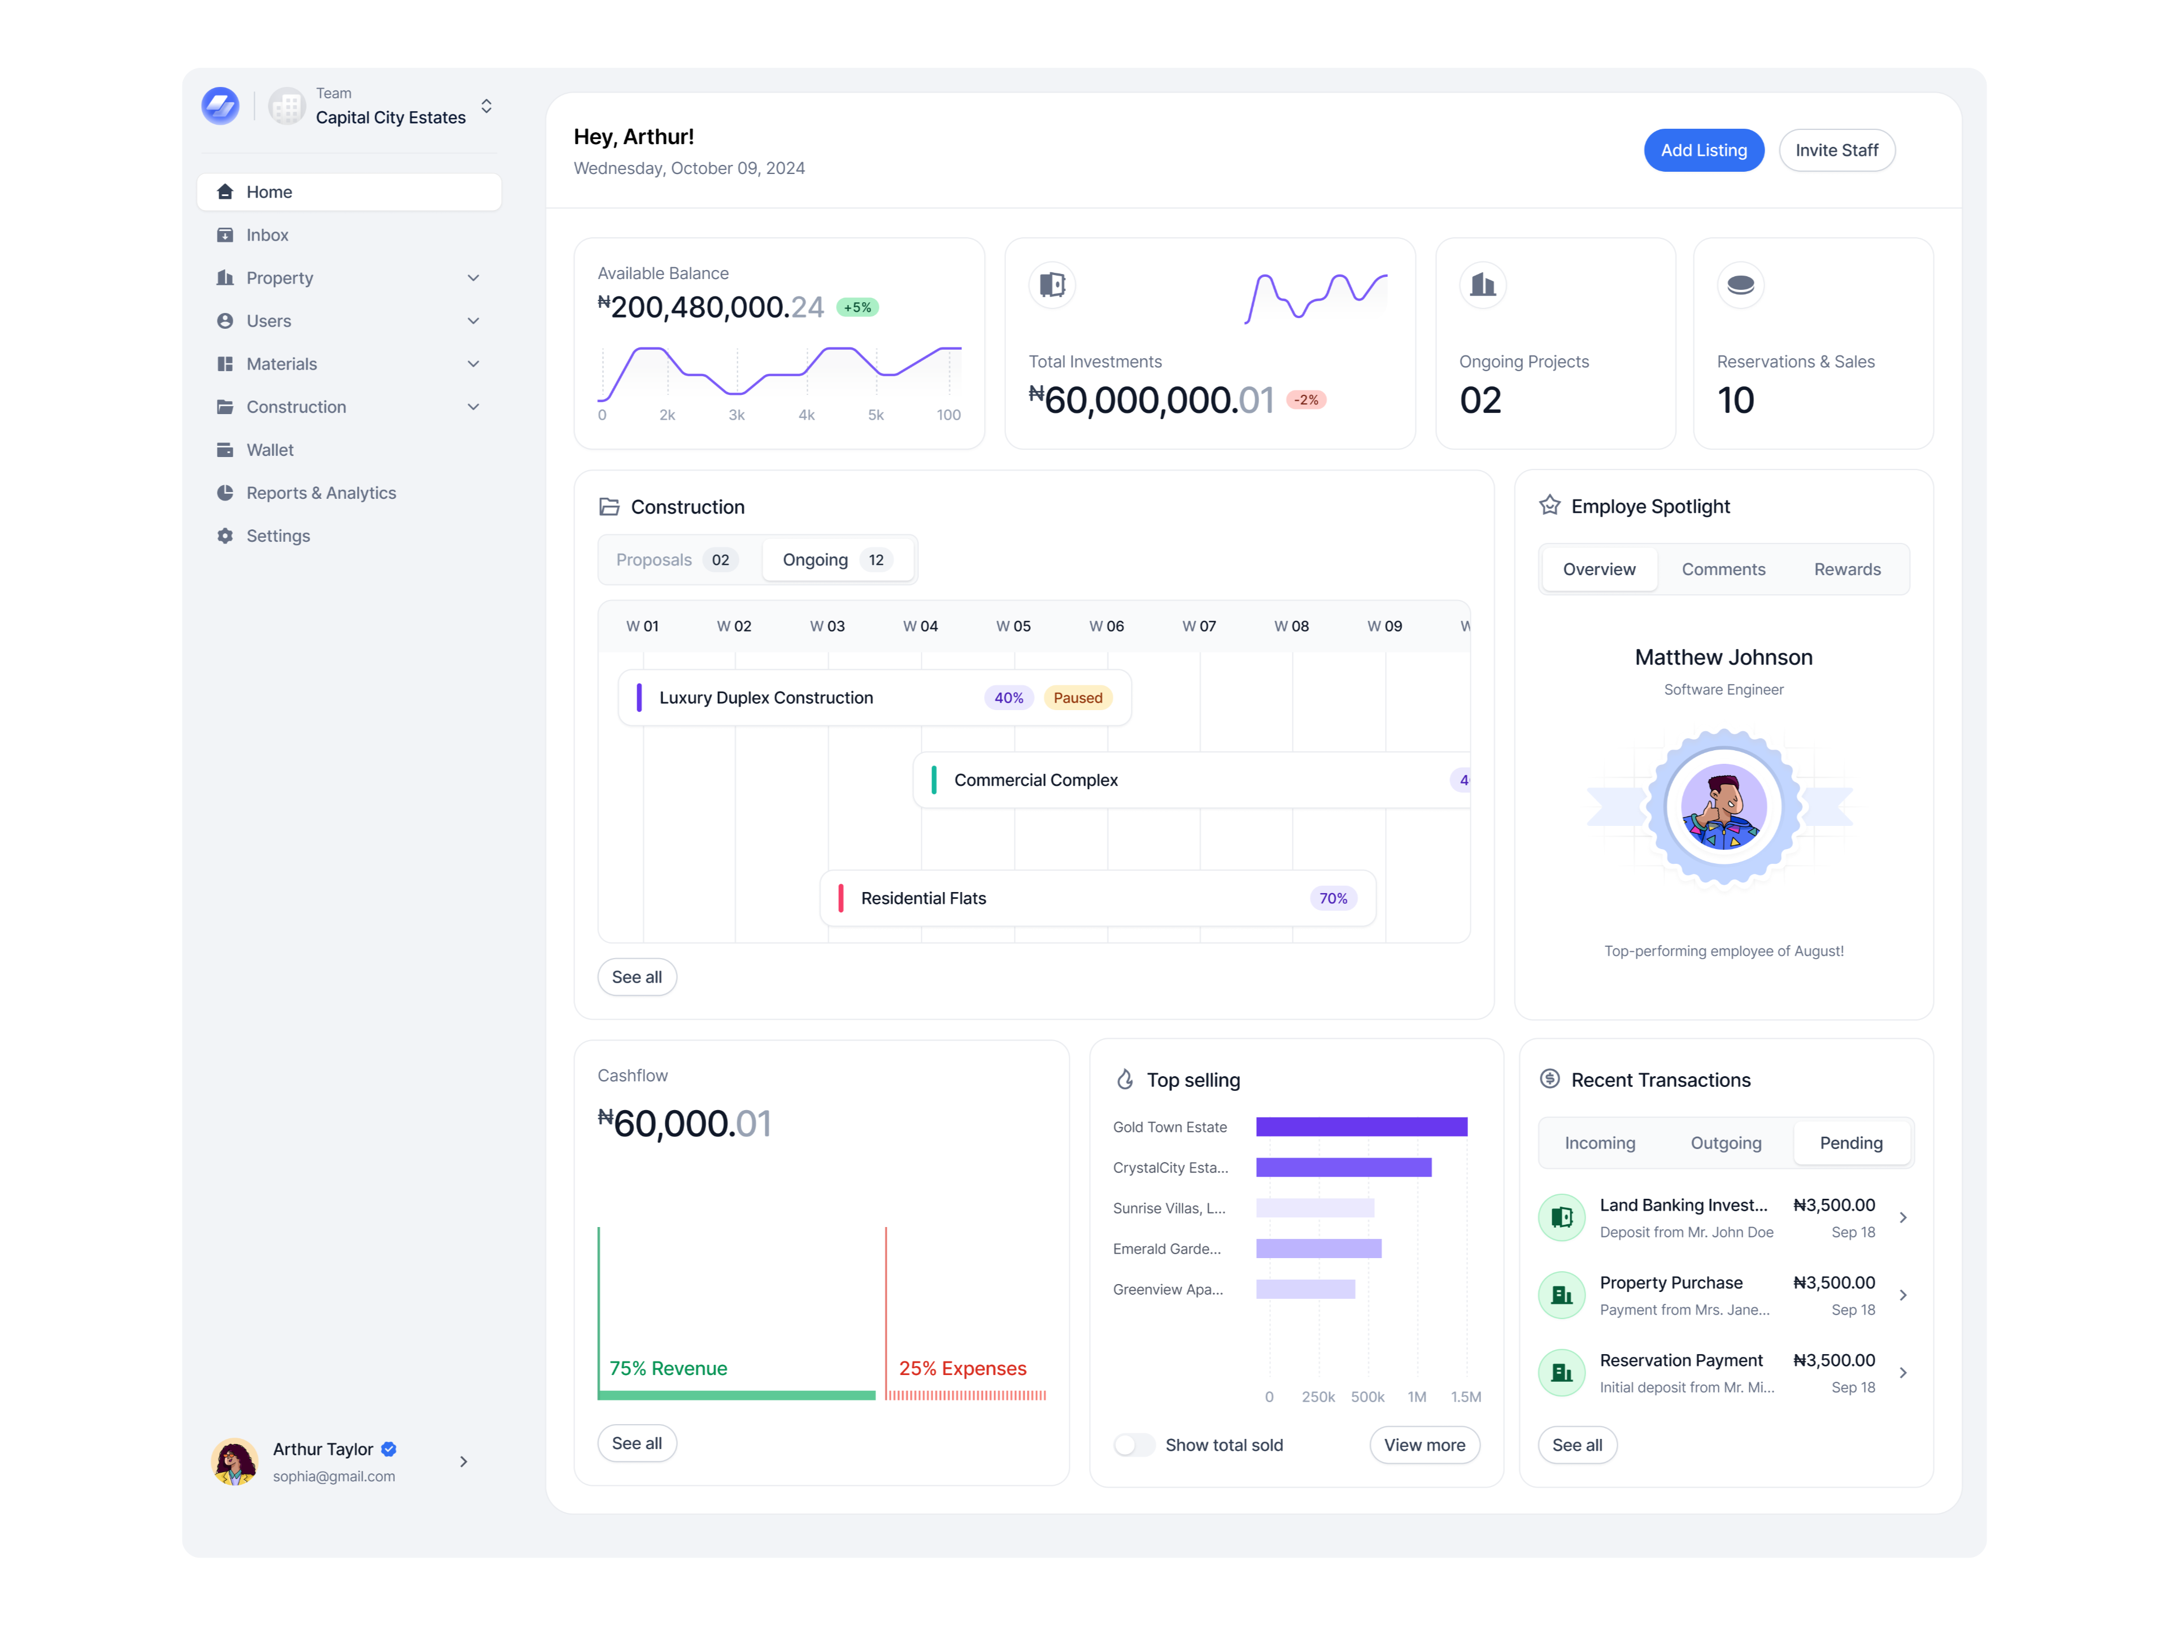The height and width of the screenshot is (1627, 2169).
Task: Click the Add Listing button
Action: click(x=1703, y=150)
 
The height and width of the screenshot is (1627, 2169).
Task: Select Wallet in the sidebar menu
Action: click(x=269, y=450)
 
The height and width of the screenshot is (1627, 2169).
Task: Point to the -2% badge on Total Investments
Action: click(x=1305, y=400)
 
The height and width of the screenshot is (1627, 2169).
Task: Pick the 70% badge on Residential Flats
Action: click(x=1332, y=898)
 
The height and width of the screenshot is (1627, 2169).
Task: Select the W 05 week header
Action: click(x=1013, y=627)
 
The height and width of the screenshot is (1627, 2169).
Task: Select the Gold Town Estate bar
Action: click(x=1361, y=1127)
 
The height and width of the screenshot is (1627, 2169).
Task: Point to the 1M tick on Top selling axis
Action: click(x=1416, y=1397)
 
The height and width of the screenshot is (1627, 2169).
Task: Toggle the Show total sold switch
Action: click(x=1134, y=1445)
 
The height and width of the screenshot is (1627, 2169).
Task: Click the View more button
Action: click(x=1424, y=1445)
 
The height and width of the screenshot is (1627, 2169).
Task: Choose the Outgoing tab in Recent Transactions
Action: click(x=1725, y=1142)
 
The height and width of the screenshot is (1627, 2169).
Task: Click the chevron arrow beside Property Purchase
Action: click(x=1902, y=1295)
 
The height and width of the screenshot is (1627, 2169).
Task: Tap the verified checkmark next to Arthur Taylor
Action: click(x=389, y=1448)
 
